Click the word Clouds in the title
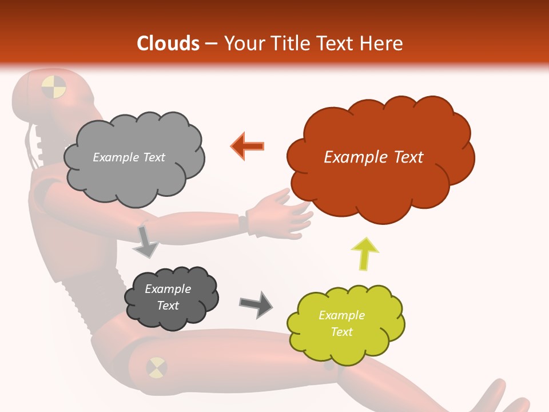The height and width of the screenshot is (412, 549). click(x=168, y=43)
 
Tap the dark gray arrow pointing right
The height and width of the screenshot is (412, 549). click(x=256, y=304)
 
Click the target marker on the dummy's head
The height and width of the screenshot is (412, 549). click(x=54, y=86)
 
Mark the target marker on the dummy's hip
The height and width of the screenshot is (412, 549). click(x=156, y=367)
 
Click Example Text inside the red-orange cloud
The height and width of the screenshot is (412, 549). click(x=373, y=157)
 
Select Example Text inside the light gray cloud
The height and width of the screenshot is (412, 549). click(x=129, y=157)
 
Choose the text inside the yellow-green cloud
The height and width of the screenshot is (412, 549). click(x=341, y=323)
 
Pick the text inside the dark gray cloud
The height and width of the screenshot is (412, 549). click(x=168, y=297)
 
